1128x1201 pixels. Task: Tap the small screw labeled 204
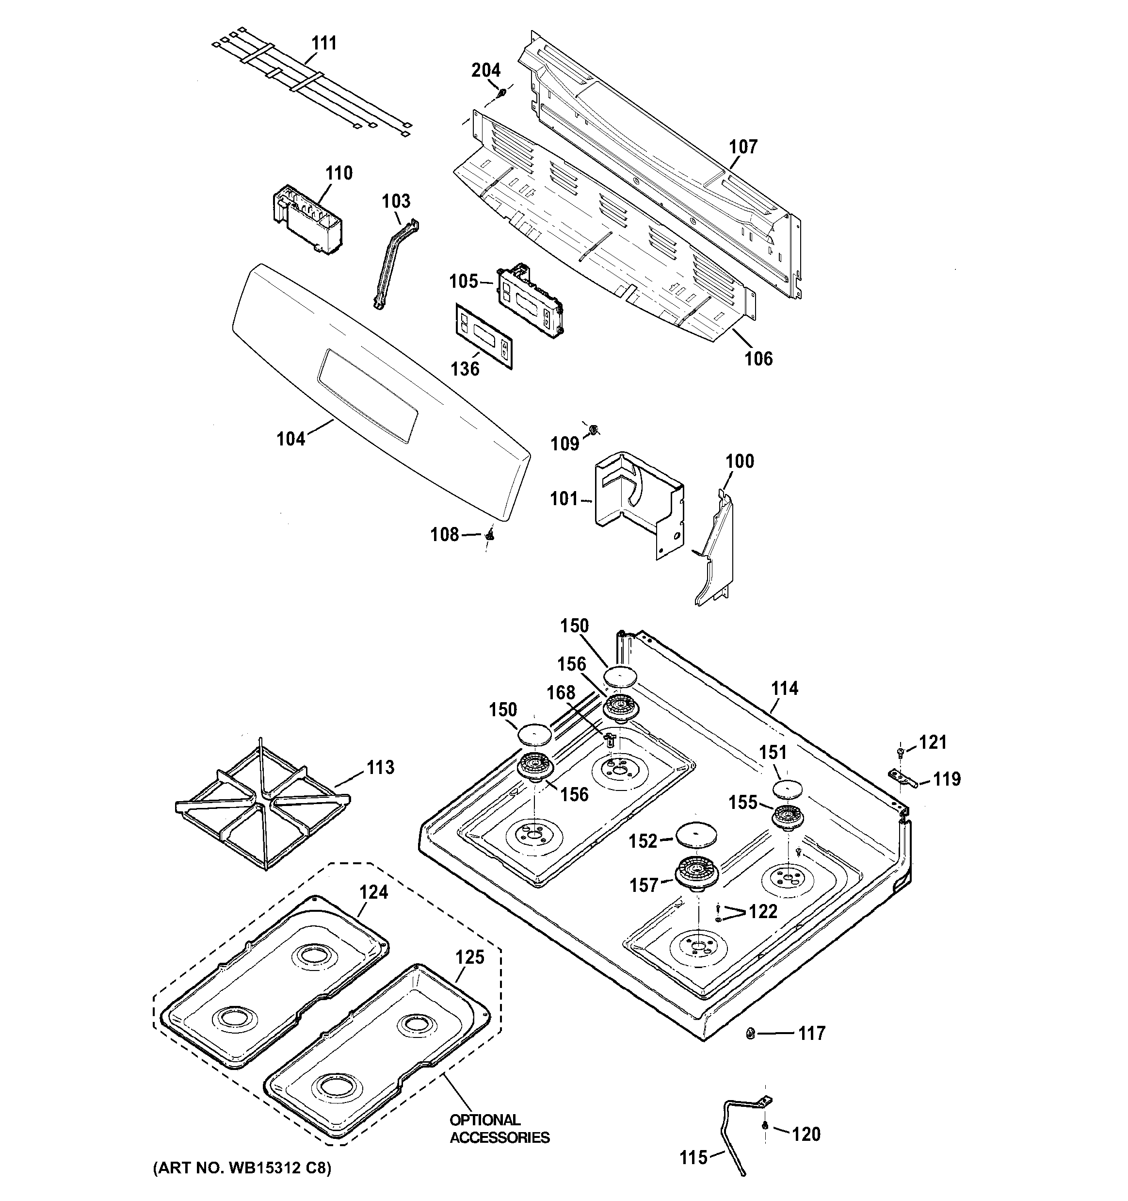[x=502, y=92]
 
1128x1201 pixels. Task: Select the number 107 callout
[x=743, y=147]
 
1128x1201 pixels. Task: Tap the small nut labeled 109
[x=593, y=429]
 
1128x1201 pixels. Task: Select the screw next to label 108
[x=490, y=535]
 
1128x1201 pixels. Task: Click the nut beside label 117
[x=751, y=1034]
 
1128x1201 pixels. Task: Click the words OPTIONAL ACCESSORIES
[x=500, y=1129]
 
